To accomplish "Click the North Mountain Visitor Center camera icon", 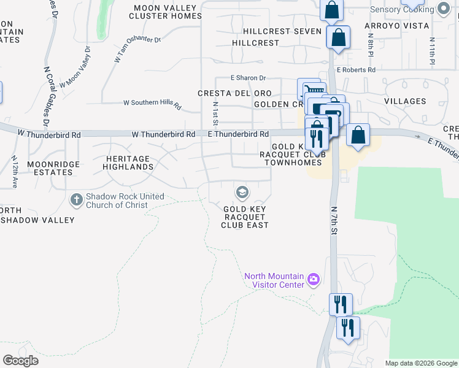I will [x=314, y=280].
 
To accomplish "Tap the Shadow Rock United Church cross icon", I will [x=77, y=199].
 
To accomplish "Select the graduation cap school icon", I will [x=242, y=193].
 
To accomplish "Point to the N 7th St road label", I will [x=335, y=220].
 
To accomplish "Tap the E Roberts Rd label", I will [x=356, y=70].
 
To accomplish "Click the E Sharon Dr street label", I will [x=248, y=78].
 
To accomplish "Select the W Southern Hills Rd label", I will [x=152, y=105].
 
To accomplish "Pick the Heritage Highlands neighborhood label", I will [x=128, y=163].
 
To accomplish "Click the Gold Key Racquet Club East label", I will [x=245, y=217].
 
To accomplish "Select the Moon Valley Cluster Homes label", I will [x=165, y=12].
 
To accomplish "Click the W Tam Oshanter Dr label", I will [x=137, y=49].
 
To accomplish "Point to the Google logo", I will [x=20, y=361].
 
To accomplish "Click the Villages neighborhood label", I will [x=405, y=101].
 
